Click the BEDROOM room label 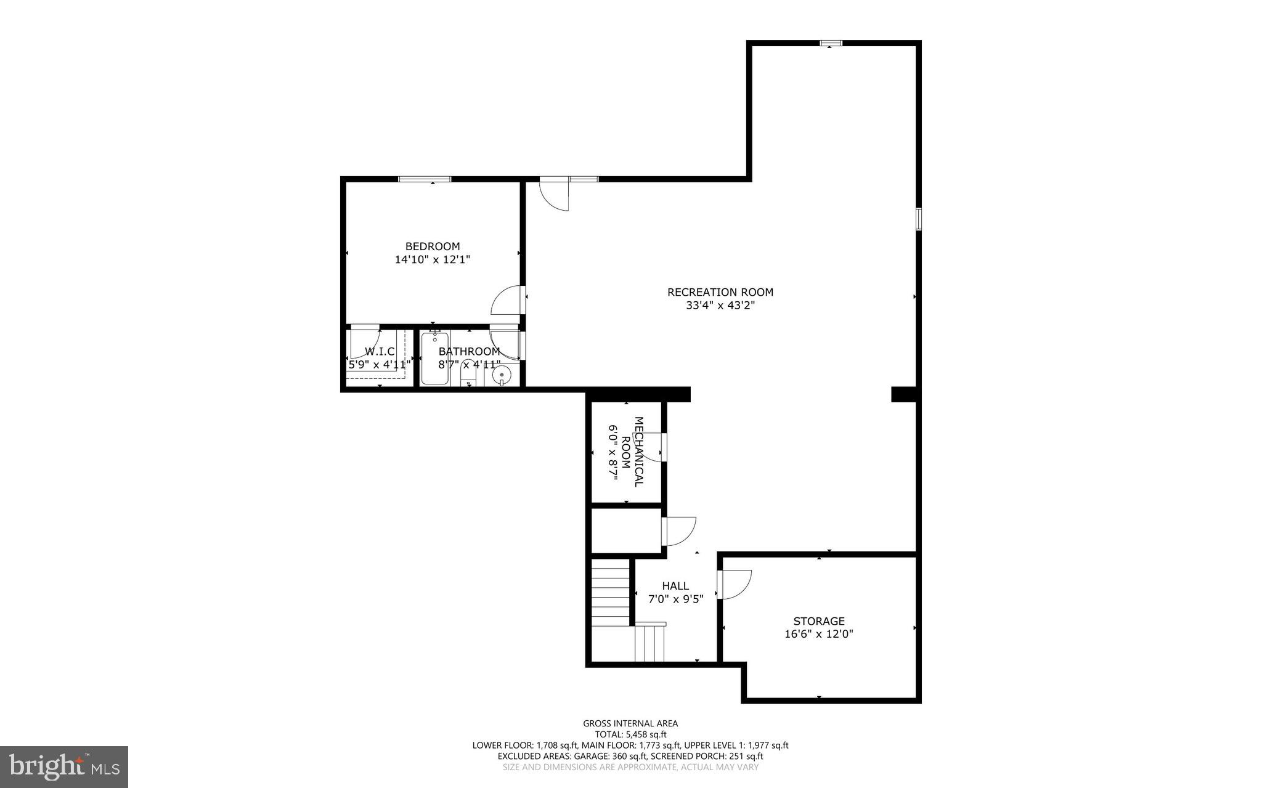pyautogui.click(x=432, y=246)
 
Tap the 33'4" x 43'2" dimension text pyautogui.click(x=720, y=305)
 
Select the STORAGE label pyautogui.click(x=818, y=621)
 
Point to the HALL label pyautogui.click(x=675, y=586)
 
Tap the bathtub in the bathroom pyautogui.click(x=435, y=359)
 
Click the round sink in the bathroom pyautogui.click(x=502, y=373)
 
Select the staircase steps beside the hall pyautogui.click(x=610, y=591)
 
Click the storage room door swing pyautogui.click(x=735, y=584)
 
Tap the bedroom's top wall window pyautogui.click(x=424, y=179)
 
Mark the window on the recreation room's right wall pyautogui.click(x=918, y=219)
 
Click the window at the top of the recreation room pyautogui.click(x=831, y=43)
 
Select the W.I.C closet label pyautogui.click(x=380, y=351)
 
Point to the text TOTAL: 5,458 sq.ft pyautogui.click(x=630, y=734)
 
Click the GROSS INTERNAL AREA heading pyautogui.click(x=630, y=723)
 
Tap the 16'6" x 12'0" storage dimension pyautogui.click(x=818, y=634)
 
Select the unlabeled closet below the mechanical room pyautogui.click(x=625, y=530)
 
